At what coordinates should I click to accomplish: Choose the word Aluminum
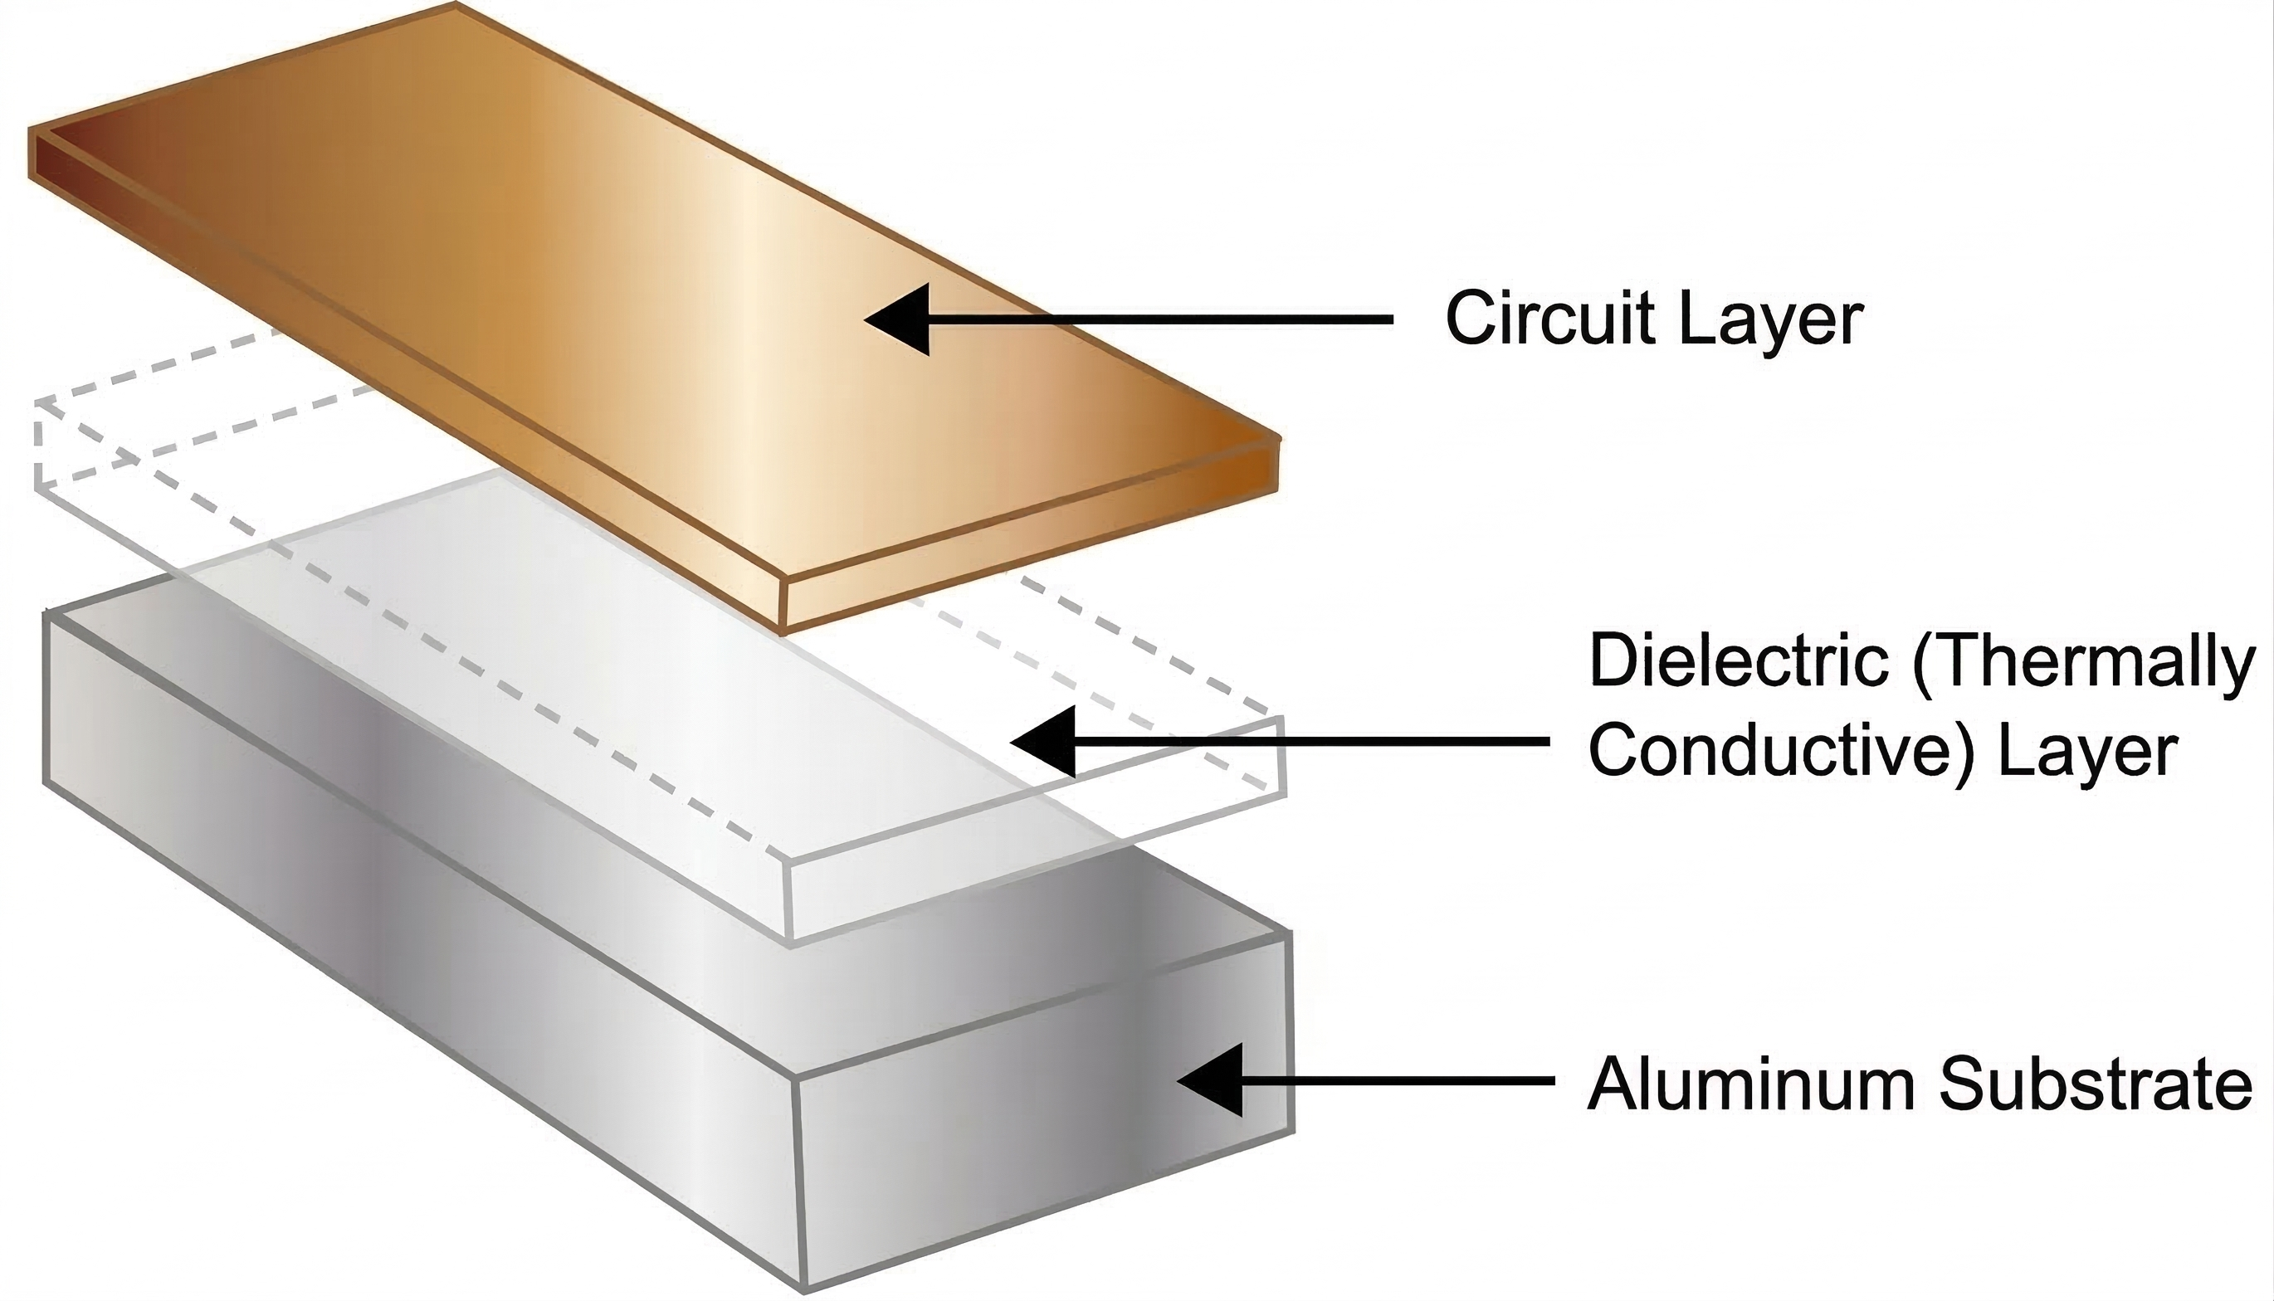tap(1751, 1084)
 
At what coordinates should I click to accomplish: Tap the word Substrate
tap(2096, 1084)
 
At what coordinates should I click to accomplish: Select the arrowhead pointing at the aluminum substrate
tap(1211, 1079)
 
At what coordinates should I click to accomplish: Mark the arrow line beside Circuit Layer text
tap(1162, 319)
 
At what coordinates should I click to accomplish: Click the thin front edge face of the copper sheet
tap(1027, 536)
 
